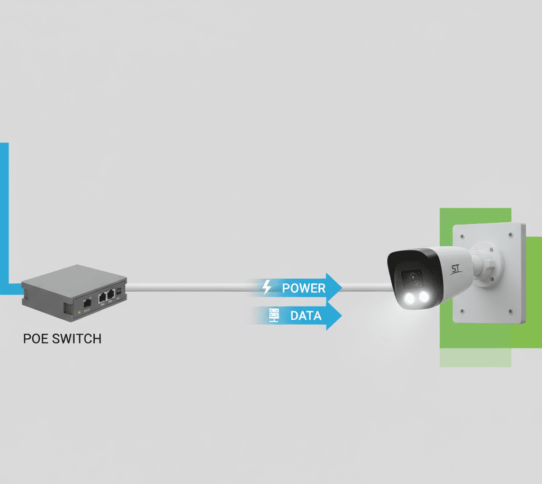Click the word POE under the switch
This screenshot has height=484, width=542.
35,339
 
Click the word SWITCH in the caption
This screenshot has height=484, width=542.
77,339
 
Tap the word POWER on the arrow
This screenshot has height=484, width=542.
304,288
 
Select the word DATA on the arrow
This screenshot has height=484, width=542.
306,316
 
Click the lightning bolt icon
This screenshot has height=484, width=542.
267,288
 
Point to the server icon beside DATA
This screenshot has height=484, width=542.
274,316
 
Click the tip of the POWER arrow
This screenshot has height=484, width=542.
341,288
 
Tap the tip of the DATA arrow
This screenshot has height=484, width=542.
341,316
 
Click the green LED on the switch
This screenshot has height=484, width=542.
79,312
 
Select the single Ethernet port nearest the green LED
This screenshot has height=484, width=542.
87,303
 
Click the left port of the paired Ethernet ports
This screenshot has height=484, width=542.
102,297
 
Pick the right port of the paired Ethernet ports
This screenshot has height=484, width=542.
111,294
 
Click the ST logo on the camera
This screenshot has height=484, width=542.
456,268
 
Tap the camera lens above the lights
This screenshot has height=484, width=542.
413,278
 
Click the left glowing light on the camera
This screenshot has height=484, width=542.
410,299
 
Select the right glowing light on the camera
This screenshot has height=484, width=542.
424,296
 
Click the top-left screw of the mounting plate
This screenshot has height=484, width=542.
462,237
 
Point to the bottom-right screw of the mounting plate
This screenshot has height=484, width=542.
511,311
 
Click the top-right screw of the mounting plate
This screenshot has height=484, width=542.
511,235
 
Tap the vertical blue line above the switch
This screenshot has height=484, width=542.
4,213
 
